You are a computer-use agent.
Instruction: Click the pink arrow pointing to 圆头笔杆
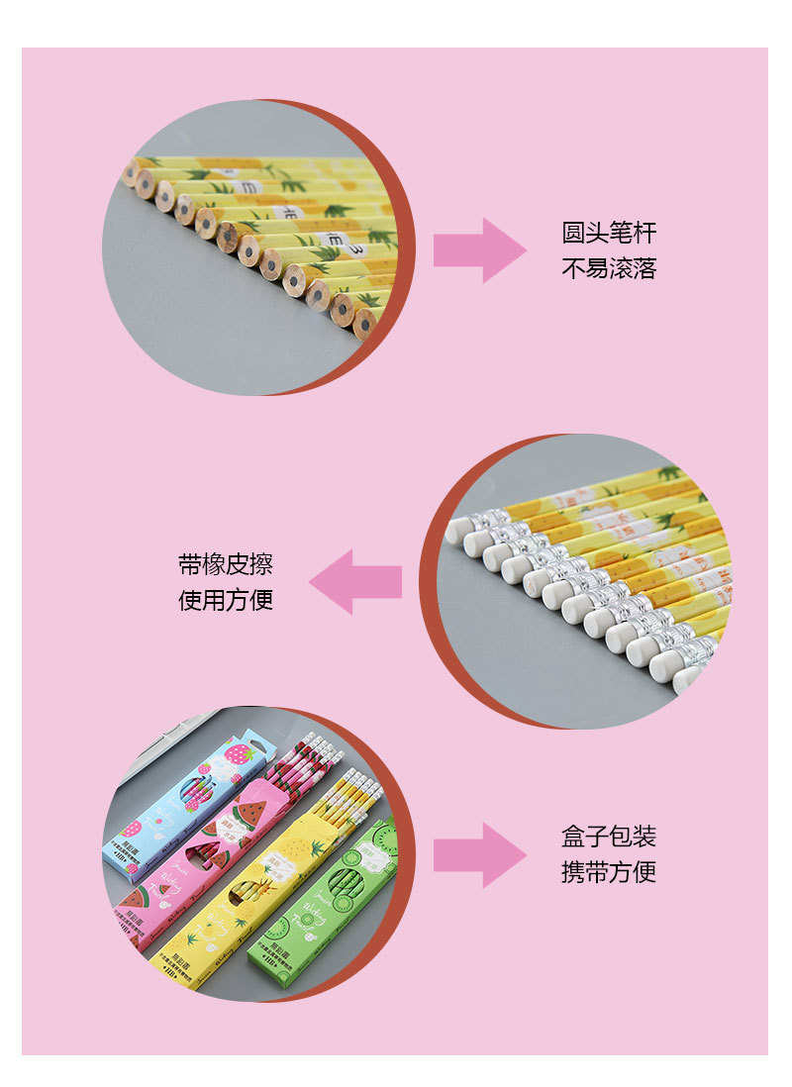point(479,250)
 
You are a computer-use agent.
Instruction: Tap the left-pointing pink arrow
point(355,582)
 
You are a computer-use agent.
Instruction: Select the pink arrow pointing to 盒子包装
point(479,854)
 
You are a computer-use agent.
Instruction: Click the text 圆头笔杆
point(609,234)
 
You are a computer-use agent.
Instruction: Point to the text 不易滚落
point(609,268)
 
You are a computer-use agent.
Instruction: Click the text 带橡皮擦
point(226,565)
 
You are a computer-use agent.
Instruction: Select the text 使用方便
point(226,600)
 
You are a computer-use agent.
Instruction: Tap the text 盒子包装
point(609,838)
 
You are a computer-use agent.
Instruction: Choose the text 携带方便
point(609,872)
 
